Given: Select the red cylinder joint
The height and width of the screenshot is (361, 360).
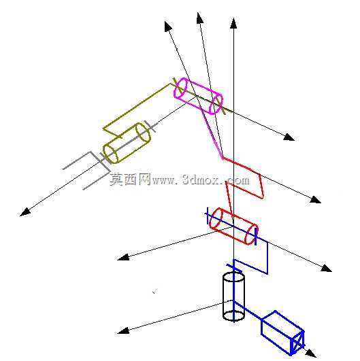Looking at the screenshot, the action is (233, 226).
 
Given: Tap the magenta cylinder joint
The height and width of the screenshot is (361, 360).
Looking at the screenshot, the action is (198, 96).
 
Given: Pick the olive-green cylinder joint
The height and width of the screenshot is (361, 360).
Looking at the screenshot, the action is (127, 143).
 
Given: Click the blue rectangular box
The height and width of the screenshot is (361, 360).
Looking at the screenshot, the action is (283, 332).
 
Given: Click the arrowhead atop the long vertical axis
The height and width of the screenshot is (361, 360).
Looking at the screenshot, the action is (233, 23).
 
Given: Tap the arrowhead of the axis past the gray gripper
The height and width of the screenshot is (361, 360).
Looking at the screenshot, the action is (25, 212).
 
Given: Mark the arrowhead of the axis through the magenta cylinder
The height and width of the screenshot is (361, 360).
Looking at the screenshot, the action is (289, 137).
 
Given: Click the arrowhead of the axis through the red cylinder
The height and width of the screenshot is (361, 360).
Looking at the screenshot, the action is (327, 269).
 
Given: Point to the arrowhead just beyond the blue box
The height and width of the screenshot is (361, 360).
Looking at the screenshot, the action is (311, 354).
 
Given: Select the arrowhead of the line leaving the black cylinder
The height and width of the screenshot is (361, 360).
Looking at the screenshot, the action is (123, 331).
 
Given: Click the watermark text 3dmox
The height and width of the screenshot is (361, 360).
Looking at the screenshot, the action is (201, 179).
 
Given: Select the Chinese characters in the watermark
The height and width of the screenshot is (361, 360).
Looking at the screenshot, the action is (130, 179).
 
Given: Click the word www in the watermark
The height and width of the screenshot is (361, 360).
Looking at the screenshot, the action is (163, 181).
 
